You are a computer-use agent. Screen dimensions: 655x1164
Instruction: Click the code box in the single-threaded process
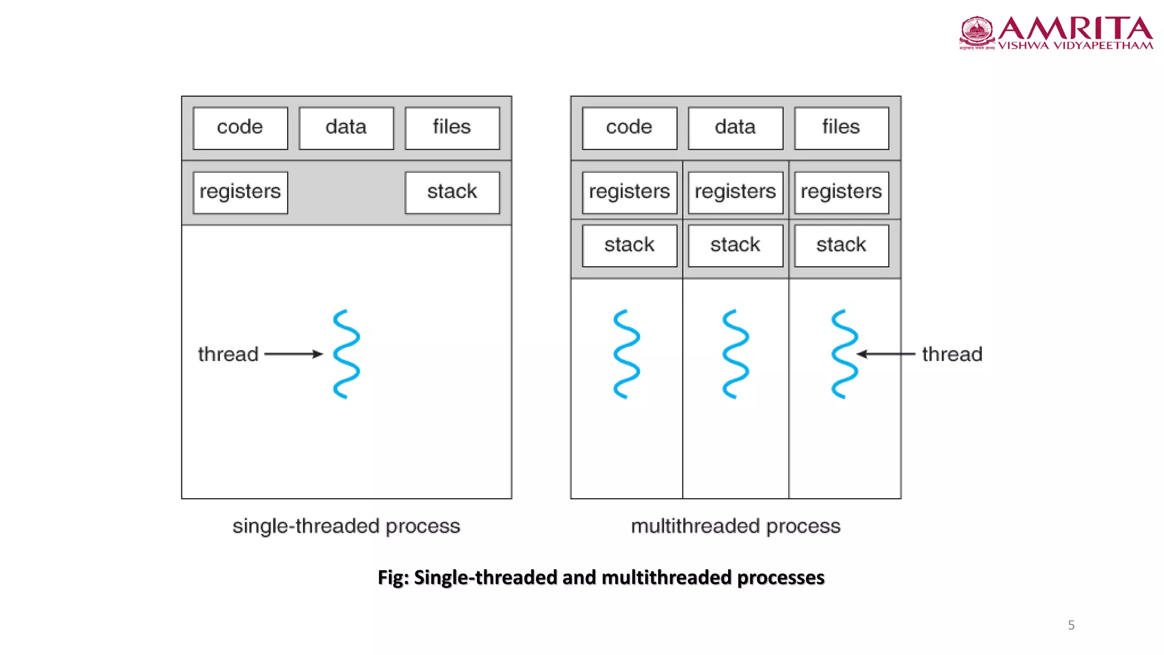[x=240, y=128]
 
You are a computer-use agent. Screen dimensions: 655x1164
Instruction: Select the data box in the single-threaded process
[x=346, y=128]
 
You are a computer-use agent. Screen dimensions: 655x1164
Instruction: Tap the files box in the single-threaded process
[x=452, y=128]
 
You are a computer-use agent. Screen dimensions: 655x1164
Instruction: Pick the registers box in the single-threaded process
[x=240, y=192]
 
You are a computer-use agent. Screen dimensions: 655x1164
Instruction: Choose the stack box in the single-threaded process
[x=452, y=192]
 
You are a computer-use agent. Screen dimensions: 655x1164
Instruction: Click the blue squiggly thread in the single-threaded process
[x=346, y=354]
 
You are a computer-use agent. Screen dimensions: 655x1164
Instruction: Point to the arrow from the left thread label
[x=293, y=354]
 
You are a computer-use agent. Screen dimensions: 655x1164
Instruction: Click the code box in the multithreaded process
[x=629, y=128]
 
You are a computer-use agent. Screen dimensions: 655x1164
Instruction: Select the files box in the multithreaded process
[x=841, y=128]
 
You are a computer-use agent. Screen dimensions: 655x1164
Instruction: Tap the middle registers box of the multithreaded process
[x=735, y=192]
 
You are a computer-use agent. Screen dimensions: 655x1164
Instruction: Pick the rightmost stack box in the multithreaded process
[x=841, y=246]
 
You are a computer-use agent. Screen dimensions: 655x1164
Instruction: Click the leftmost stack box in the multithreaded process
[x=629, y=246]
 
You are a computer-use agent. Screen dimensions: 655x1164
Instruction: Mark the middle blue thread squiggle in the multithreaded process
[x=735, y=354]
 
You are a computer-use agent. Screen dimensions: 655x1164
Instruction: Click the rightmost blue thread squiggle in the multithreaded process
[x=845, y=354]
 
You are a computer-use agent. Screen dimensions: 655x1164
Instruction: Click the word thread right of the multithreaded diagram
[x=952, y=354]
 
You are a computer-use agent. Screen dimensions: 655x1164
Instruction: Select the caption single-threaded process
[x=346, y=526]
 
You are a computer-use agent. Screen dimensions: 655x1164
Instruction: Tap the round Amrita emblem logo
[x=977, y=32]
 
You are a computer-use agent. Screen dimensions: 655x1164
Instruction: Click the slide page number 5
[x=1071, y=625]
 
